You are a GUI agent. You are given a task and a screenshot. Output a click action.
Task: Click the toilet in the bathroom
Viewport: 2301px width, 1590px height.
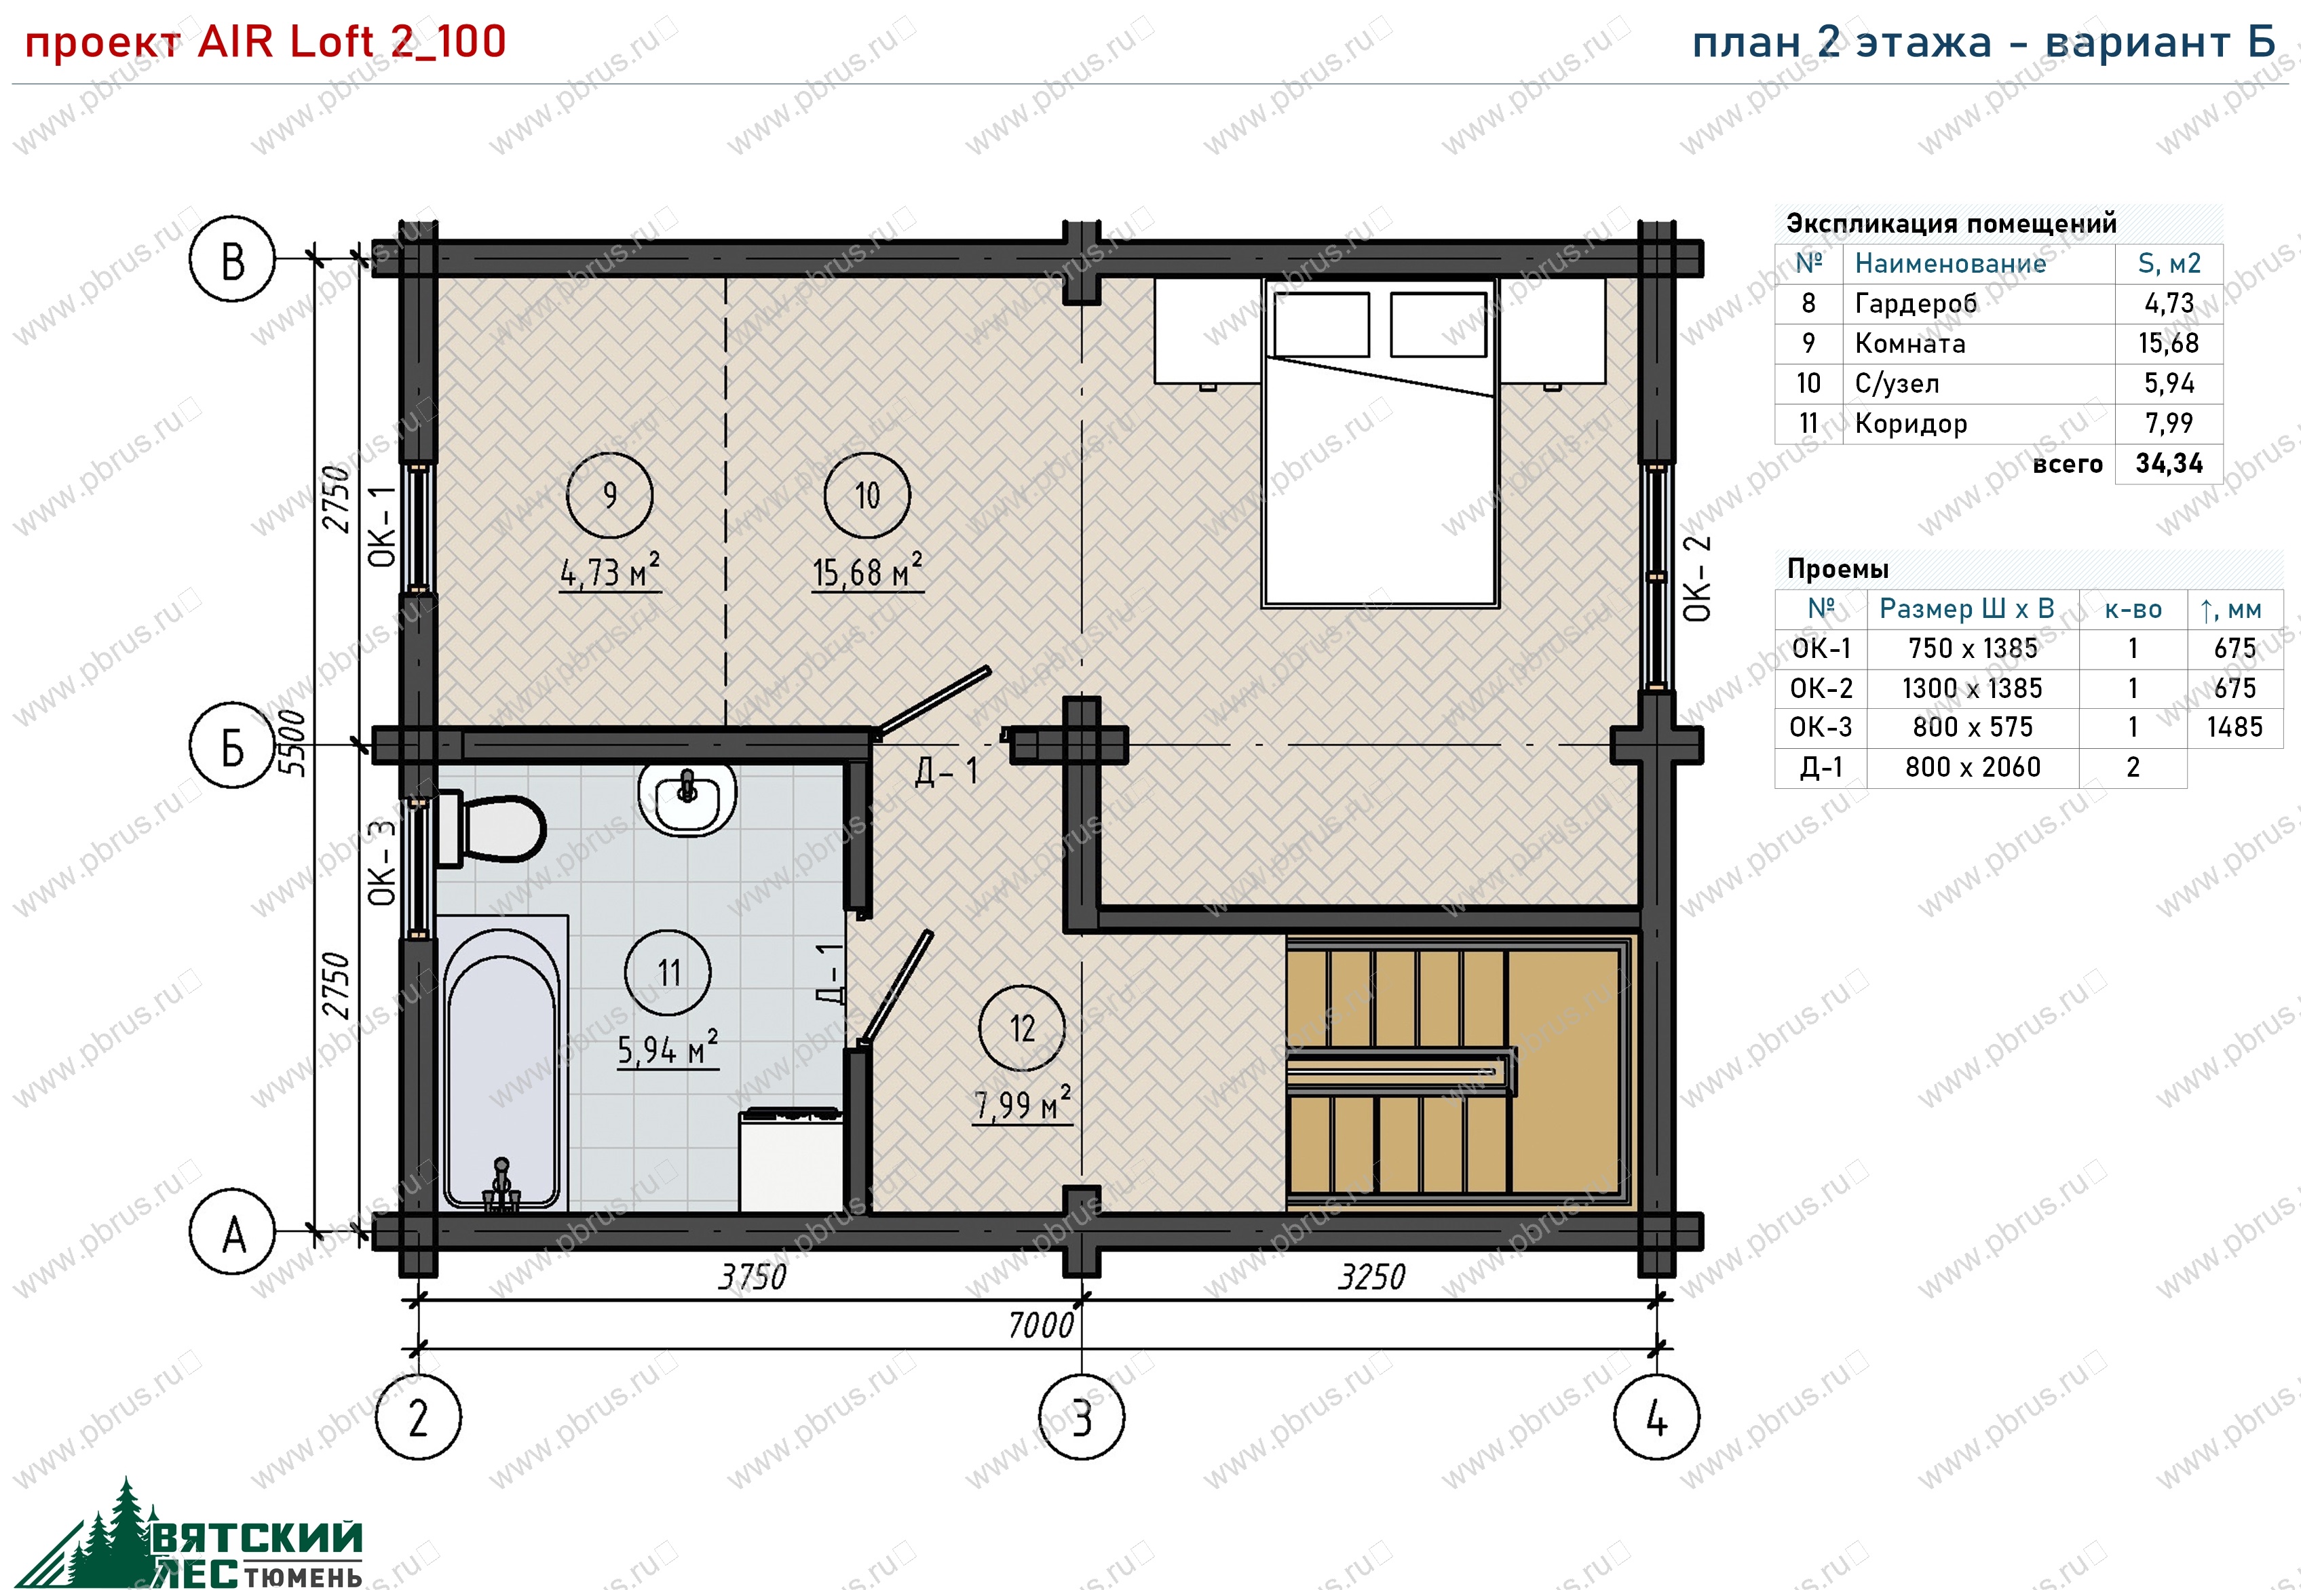click(x=493, y=828)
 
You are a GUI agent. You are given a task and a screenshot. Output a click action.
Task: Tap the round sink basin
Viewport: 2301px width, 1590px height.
click(x=687, y=799)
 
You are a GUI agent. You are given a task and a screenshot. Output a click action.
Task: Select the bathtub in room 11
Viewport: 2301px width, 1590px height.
click(x=502, y=1063)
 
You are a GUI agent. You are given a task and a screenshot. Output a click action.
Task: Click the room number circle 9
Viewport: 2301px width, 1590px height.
click(x=610, y=495)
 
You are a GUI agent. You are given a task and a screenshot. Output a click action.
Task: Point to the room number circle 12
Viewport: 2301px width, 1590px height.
click(x=1023, y=1028)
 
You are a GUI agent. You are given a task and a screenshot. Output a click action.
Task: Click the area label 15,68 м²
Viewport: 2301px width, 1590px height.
click(x=867, y=572)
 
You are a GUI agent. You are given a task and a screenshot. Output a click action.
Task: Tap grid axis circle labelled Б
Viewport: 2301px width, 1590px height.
click(x=232, y=745)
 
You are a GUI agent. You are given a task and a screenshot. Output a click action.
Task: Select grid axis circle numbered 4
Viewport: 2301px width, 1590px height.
click(x=1656, y=1416)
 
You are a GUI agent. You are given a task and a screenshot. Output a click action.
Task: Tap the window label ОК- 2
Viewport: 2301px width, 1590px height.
click(x=1697, y=579)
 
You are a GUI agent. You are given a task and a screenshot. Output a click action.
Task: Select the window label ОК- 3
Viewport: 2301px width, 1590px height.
click(x=381, y=863)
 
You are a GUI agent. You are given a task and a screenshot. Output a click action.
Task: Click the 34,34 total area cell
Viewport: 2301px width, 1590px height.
click(x=2169, y=463)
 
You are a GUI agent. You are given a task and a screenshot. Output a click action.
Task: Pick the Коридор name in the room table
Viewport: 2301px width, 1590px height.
click(x=1910, y=423)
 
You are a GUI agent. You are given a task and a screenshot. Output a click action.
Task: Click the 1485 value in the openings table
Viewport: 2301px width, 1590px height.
click(x=2235, y=727)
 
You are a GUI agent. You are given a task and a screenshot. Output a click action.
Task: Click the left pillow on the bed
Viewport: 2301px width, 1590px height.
click(x=1321, y=325)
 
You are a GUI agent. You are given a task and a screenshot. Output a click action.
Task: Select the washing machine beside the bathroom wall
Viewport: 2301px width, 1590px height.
click(x=791, y=1161)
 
